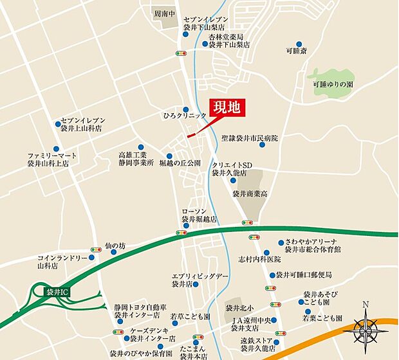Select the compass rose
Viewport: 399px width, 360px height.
tap(365, 330)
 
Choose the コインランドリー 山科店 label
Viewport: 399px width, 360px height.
tap(57, 262)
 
